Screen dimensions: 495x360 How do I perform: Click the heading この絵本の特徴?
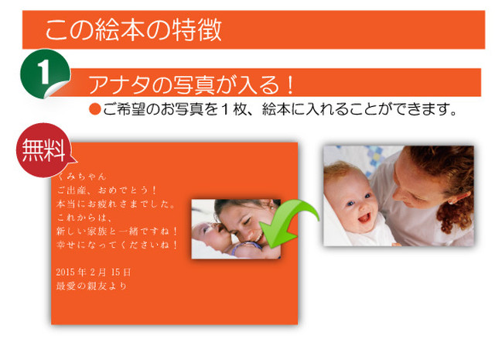[x=134, y=29]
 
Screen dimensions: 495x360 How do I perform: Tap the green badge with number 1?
[x=45, y=74]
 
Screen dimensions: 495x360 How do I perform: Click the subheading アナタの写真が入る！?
[x=191, y=84]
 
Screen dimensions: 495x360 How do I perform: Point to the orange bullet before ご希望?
[x=94, y=109]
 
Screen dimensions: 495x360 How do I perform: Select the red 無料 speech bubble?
[x=44, y=150]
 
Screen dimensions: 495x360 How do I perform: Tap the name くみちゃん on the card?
[x=81, y=177]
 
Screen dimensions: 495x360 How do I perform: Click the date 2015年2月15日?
[x=94, y=273]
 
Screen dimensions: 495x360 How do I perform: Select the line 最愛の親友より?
[x=91, y=286]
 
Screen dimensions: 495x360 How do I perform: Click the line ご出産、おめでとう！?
[x=107, y=190]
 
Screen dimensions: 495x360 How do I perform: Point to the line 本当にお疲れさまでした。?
[x=115, y=204]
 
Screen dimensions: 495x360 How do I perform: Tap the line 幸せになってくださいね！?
[x=118, y=245]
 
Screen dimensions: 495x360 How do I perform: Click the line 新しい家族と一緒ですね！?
[x=118, y=231]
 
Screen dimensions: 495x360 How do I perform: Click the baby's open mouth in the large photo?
[x=364, y=218]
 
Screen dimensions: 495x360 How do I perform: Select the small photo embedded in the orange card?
[x=236, y=229]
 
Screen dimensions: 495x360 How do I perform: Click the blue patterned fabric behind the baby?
[x=373, y=158]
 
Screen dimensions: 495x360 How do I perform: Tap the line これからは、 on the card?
[x=84, y=218]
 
